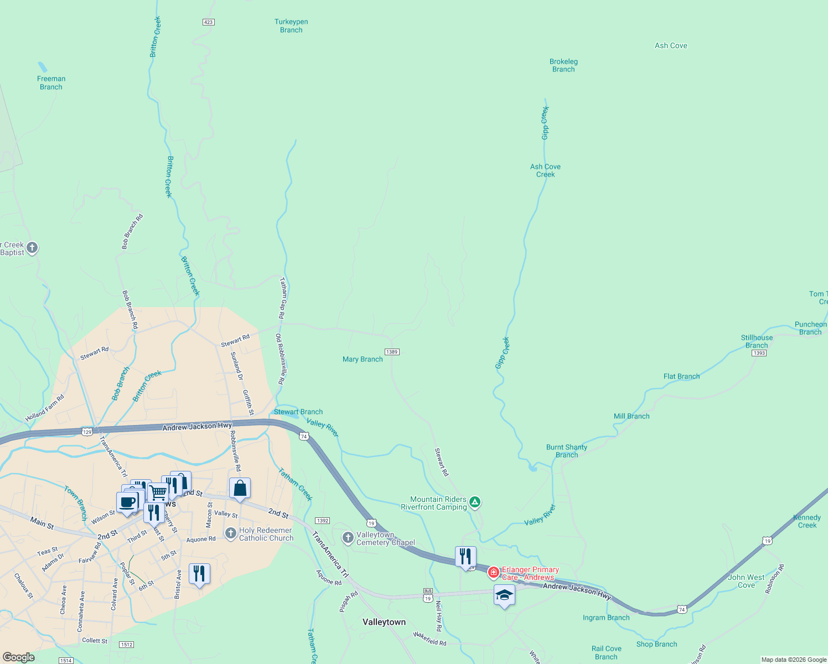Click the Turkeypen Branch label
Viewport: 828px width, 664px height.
pyautogui.click(x=291, y=26)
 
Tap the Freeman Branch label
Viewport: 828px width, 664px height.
pyautogui.click(x=51, y=83)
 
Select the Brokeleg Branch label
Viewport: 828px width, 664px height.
pyautogui.click(x=563, y=65)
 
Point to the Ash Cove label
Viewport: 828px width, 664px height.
pyautogui.click(x=671, y=46)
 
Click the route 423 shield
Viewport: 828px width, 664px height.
pyautogui.click(x=208, y=22)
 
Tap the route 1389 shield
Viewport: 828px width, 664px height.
pyautogui.click(x=392, y=352)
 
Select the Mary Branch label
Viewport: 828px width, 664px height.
pyautogui.click(x=363, y=359)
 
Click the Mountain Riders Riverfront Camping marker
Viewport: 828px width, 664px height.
pyautogui.click(x=474, y=502)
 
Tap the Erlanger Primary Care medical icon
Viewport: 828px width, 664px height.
pyautogui.click(x=493, y=572)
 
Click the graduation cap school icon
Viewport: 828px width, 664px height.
pyautogui.click(x=504, y=595)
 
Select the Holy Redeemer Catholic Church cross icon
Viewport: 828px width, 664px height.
pyautogui.click(x=231, y=533)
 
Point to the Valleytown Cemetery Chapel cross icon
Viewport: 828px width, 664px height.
pyautogui.click(x=348, y=537)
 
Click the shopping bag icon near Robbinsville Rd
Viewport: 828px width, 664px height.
pyautogui.click(x=240, y=489)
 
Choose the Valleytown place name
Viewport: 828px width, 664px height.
pyautogui.click(x=384, y=622)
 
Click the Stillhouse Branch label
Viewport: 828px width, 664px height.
pyautogui.click(x=757, y=341)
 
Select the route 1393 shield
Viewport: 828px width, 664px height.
pyautogui.click(x=759, y=353)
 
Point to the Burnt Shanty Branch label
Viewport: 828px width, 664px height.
pyautogui.click(x=566, y=451)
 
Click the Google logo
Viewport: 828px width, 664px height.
pyautogui.click(x=18, y=657)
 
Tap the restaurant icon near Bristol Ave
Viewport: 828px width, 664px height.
pyautogui.click(x=199, y=574)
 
